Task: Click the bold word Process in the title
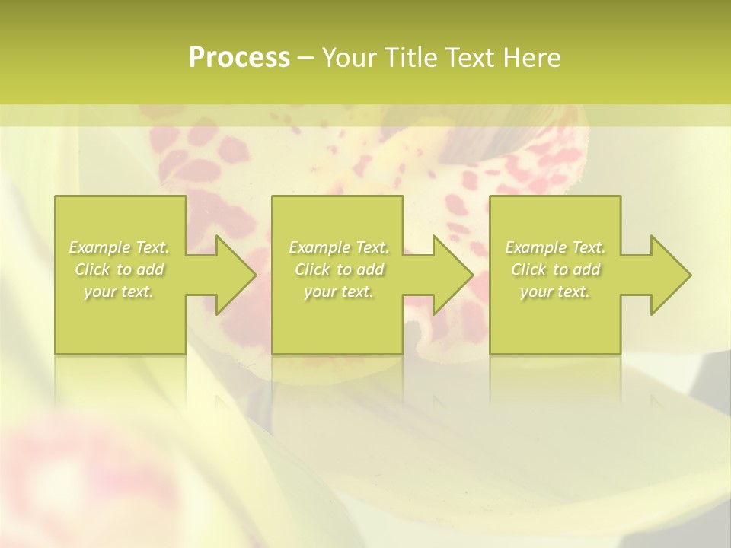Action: (x=239, y=57)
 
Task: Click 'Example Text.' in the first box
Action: (x=120, y=247)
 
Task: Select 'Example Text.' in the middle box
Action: (x=339, y=247)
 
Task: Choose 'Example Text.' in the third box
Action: (x=555, y=247)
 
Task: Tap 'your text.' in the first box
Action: (x=120, y=292)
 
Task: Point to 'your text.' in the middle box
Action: (x=339, y=292)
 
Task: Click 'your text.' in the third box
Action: (x=555, y=292)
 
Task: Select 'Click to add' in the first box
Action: (x=120, y=269)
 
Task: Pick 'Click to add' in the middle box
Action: (x=339, y=269)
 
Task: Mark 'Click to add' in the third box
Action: (x=555, y=269)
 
